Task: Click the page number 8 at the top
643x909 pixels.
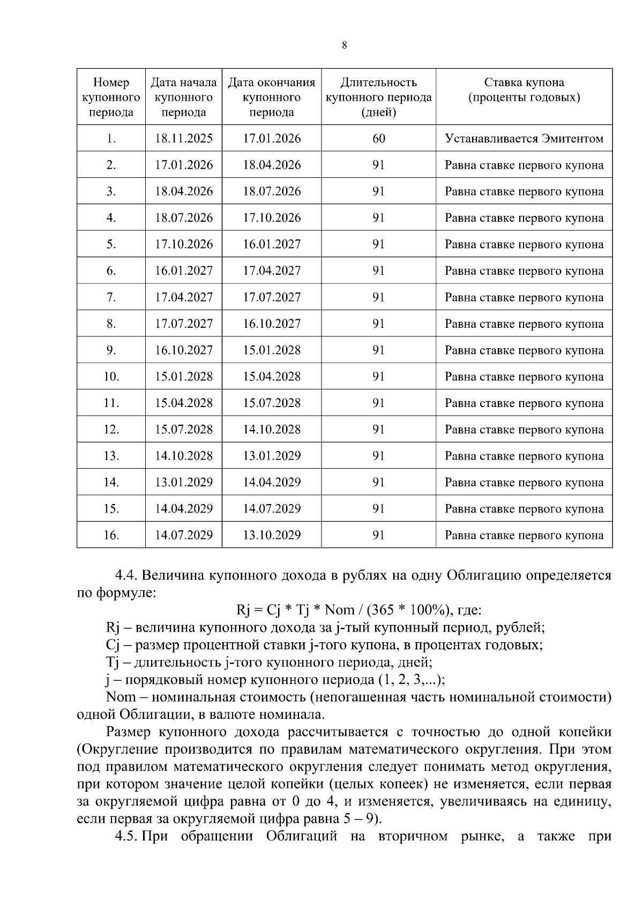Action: [344, 46]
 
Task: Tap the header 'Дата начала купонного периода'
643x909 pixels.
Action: [184, 97]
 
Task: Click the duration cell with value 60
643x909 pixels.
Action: [378, 138]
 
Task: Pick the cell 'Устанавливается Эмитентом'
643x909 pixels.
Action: [524, 139]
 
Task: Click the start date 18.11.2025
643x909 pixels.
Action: [184, 138]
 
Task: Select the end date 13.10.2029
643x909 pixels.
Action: [272, 535]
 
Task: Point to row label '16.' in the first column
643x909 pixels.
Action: [111, 535]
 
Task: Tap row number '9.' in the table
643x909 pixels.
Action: [111, 350]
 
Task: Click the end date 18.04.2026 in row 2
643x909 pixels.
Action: [272, 165]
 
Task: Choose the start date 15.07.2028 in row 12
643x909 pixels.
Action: [184, 429]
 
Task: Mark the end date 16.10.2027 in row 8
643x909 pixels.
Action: [272, 324]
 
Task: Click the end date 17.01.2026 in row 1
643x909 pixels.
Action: [272, 138]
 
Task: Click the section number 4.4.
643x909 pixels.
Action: [127, 576]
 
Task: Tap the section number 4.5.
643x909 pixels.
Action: [127, 837]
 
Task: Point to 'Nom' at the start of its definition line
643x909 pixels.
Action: [121, 697]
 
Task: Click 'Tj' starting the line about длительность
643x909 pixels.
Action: [114, 663]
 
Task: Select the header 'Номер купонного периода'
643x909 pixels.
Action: [111, 97]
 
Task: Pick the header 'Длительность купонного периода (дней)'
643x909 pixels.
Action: [378, 97]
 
